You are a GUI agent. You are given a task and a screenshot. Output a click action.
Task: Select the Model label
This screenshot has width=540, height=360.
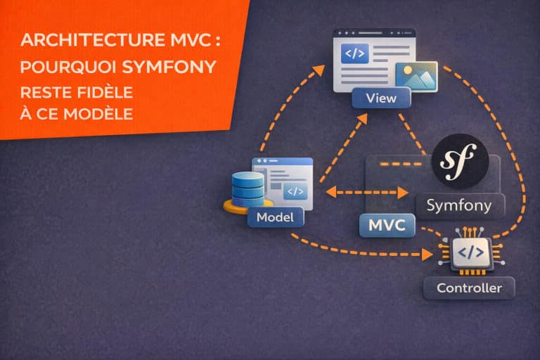tap(275, 217)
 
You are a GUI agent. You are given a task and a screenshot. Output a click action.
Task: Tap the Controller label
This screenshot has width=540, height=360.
tap(469, 288)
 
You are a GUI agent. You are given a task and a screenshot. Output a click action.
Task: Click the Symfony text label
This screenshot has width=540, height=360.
tap(460, 206)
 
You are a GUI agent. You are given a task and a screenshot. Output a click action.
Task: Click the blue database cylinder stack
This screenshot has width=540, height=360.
tap(247, 187)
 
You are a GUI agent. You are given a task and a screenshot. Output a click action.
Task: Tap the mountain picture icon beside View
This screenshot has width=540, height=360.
tap(416, 76)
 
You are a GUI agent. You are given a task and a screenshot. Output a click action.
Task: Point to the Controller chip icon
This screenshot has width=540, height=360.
tap(469, 252)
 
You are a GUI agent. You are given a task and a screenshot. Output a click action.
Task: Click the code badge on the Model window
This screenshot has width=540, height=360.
tap(295, 191)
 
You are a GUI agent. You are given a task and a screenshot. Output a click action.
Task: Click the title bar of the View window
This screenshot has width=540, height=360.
tap(372, 34)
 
